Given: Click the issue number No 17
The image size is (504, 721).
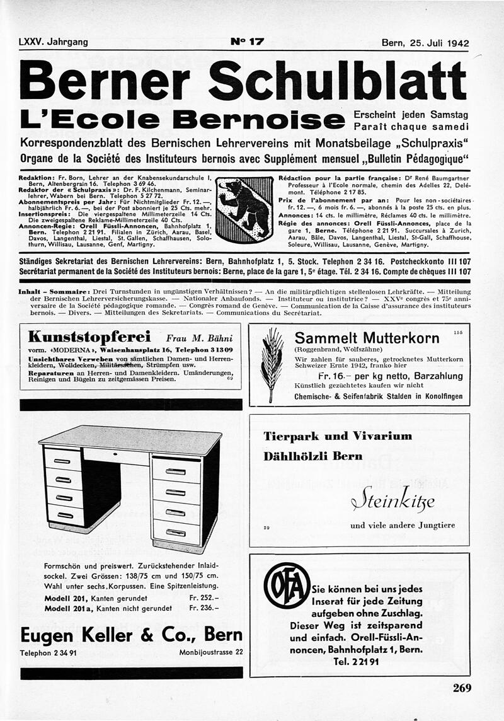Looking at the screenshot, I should pyautogui.click(x=248, y=43).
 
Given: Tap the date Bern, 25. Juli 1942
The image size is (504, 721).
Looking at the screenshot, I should pyautogui.click(x=425, y=43).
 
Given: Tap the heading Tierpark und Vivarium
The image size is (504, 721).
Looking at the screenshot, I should pyautogui.click(x=338, y=436).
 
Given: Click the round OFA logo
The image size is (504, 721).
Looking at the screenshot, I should pyautogui.click(x=287, y=585).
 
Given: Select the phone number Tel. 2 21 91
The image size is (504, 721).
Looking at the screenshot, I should pyautogui.click(x=356, y=662).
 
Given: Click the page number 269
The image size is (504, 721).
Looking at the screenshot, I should pyautogui.click(x=462, y=688).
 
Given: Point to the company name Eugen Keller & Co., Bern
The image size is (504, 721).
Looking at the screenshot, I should pyautogui.click(x=131, y=633).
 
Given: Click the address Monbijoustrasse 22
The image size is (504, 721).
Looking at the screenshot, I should pyautogui.click(x=210, y=652).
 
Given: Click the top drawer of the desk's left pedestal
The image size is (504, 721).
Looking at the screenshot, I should pyautogui.click(x=62, y=460).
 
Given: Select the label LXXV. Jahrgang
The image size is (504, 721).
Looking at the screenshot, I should pyautogui.click(x=54, y=43).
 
